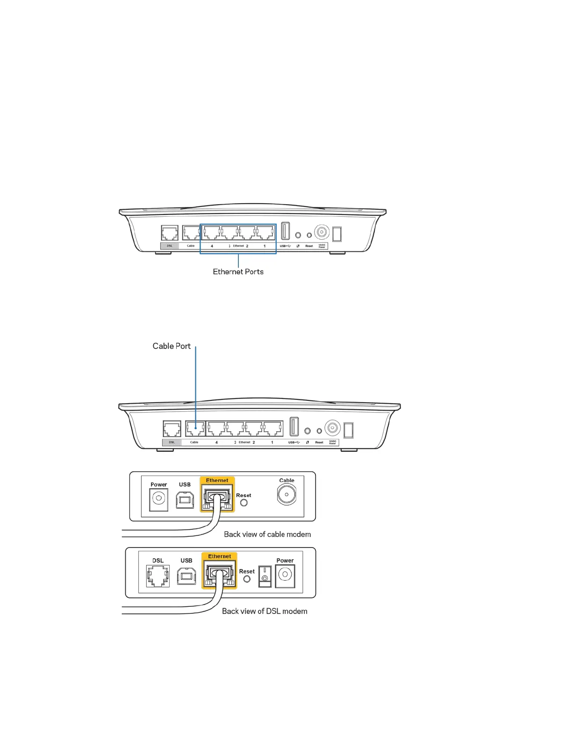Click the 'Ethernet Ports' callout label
tap(238, 272)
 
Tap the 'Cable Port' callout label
tap(172, 346)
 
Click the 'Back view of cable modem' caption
tap(267, 534)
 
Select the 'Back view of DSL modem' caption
tap(265, 611)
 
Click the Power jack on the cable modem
tap(159, 499)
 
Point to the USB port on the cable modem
tap(185, 500)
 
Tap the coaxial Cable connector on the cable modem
tap(286, 495)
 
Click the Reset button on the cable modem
tap(244, 503)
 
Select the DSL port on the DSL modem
tap(158, 576)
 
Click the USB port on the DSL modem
tap(186, 576)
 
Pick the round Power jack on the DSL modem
tap(285, 575)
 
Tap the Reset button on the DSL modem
tap(247, 579)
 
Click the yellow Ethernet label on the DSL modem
tap(220, 556)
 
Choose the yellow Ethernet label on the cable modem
tap(217, 480)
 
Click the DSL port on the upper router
tap(170, 233)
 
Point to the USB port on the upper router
tap(285, 231)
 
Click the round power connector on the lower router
tap(332, 427)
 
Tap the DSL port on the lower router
tap(172, 429)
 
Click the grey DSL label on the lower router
tap(172, 442)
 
